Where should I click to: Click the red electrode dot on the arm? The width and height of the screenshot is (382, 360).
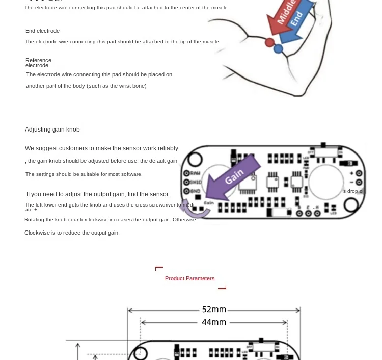pos(270,42)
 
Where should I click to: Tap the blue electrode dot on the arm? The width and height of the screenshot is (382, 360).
pos(278,49)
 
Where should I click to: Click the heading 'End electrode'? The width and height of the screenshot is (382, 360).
pos(42,31)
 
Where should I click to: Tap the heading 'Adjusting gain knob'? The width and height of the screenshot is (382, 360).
pos(52,130)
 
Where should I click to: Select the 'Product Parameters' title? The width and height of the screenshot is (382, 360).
pos(189,278)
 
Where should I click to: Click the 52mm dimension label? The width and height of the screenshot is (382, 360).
pos(214,310)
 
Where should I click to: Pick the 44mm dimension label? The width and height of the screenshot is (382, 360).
pos(214,322)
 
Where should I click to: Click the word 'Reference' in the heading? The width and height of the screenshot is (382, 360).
pos(38,60)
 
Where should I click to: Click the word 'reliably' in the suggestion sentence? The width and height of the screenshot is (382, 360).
pos(168,148)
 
